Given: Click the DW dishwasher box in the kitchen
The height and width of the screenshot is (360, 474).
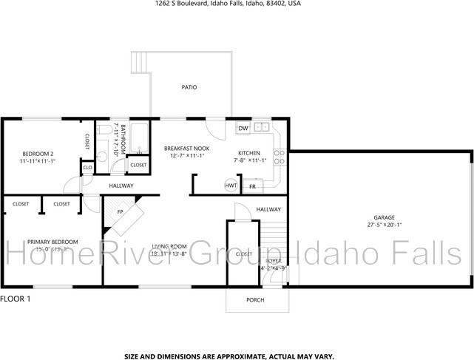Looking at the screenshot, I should pyautogui.click(x=243, y=129).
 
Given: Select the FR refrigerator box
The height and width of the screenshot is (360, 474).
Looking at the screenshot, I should pyautogui.click(x=252, y=187).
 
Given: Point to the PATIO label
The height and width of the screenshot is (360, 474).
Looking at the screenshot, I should pyautogui.click(x=189, y=87).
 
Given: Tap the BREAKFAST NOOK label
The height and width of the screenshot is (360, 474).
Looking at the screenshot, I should pyautogui.click(x=186, y=149).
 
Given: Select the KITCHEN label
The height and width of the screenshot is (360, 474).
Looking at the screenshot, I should pyautogui.click(x=249, y=152).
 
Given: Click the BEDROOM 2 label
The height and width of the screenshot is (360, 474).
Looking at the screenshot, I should pyautogui.click(x=37, y=154).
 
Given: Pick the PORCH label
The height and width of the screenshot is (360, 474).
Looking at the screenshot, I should pyautogui.click(x=254, y=299).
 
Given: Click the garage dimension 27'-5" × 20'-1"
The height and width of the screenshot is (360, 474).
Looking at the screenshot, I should pyautogui.click(x=384, y=225).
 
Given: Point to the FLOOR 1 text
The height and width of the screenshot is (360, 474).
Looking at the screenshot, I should pyautogui.click(x=16, y=299).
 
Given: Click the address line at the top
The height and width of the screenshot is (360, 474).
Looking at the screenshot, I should pyautogui.click(x=217, y=4).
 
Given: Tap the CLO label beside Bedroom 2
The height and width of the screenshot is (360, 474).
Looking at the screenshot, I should pyautogui.click(x=87, y=168).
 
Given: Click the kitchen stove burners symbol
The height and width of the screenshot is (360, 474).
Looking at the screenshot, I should pyautogui.click(x=280, y=156).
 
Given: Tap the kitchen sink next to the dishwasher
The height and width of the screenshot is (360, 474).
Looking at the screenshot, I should pyautogui.click(x=261, y=127).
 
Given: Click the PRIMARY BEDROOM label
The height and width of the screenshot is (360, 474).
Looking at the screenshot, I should pyautogui.click(x=53, y=242).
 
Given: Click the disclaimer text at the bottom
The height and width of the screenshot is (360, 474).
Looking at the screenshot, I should pyautogui.click(x=228, y=355).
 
